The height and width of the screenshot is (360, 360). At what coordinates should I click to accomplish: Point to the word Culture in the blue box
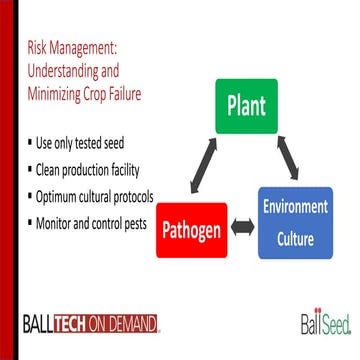point(295,239)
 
